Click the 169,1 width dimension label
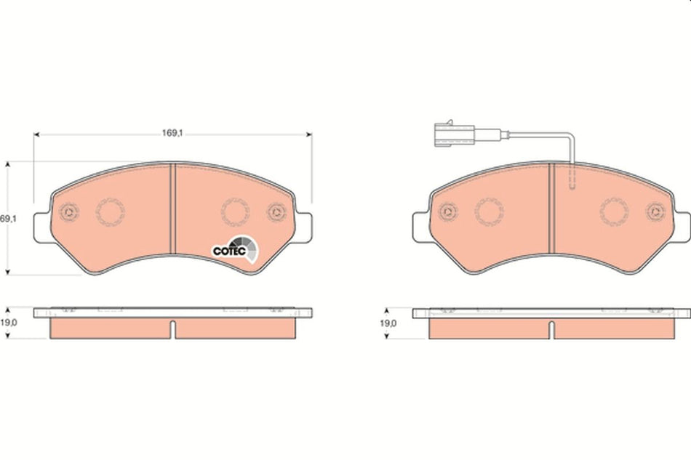click(x=172, y=133)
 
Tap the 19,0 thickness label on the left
click(x=8, y=321)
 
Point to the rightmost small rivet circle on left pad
click(x=276, y=212)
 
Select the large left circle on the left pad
click(x=111, y=212)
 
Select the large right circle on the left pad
click(x=235, y=212)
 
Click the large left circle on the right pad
click(x=489, y=212)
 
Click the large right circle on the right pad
click(x=614, y=212)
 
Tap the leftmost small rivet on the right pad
click(x=448, y=212)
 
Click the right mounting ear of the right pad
click(x=682, y=225)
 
